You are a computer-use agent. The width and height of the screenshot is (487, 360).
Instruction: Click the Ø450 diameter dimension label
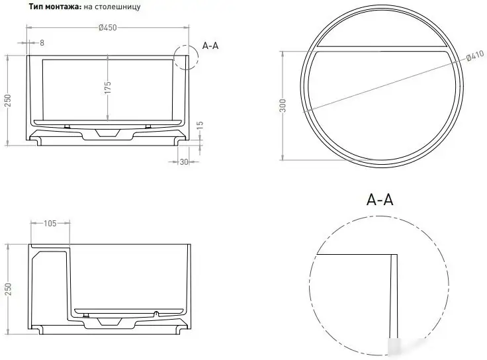(x=108, y=28)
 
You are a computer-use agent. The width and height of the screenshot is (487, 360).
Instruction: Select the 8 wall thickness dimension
(x=42, y=42)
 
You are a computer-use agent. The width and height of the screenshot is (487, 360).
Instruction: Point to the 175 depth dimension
(x=107, y=88)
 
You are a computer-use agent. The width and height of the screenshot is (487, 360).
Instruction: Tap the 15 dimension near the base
(x=199, y=124)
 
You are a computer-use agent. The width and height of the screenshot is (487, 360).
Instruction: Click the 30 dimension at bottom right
(x=184, y=161)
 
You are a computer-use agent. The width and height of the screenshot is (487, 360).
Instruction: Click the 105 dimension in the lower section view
(x=50, y=224)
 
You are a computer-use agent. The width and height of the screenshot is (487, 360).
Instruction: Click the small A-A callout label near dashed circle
(x=211, y=46)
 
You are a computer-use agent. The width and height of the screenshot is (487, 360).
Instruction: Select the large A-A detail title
(x=379, y=199)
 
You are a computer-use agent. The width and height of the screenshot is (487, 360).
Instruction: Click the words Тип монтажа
(x=54, y=7)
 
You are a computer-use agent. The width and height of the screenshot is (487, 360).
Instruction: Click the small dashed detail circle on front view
(x=185, y=58)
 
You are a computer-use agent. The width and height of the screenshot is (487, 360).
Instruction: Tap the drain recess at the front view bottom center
(x=107, y=133)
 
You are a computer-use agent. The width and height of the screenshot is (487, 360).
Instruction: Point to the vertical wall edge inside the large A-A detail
(x=394, y=298)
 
